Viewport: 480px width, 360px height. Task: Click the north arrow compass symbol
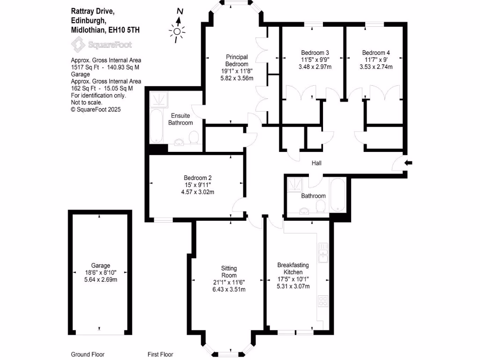tap(178, 29)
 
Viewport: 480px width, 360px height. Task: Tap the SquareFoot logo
tap(101, 45)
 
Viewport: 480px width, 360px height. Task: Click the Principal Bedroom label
tap(236, 60)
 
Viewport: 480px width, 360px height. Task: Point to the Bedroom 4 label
tap(375, 52)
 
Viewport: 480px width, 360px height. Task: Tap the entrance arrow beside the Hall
tap(409, 163)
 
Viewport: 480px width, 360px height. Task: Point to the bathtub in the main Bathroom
tap(337, 195)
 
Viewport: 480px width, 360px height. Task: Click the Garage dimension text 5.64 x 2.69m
tap(101, 280)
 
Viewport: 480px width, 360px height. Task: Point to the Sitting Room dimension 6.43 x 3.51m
tap(229, 289)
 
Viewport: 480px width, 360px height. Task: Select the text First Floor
tap(160, 354)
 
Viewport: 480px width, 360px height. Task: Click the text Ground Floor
tap(88, 354)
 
